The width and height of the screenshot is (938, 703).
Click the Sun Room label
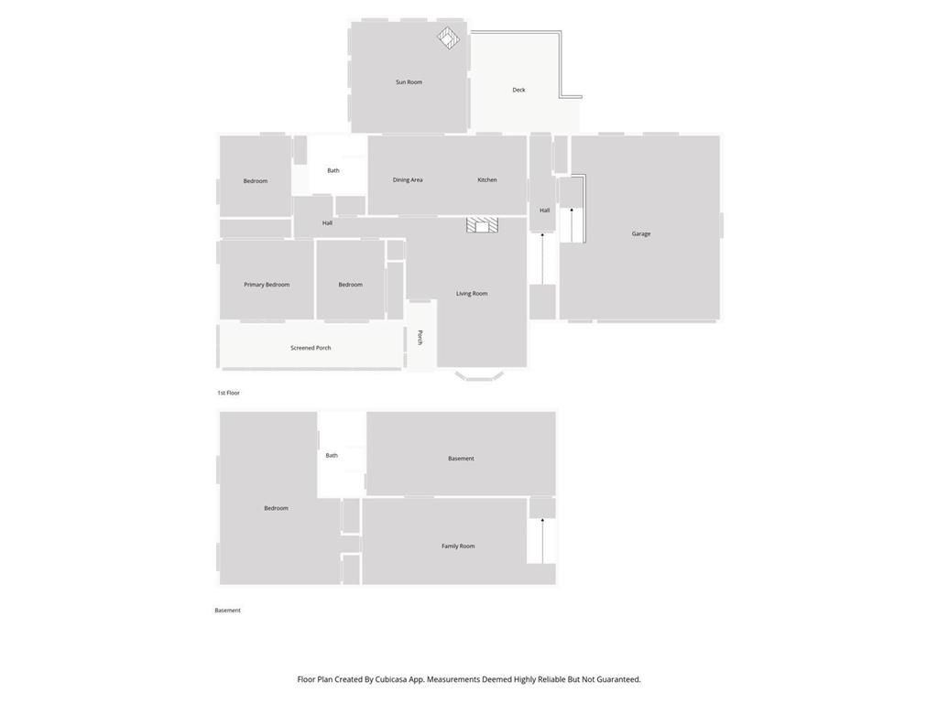point(409,81)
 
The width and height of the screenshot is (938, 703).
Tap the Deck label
point(518,90)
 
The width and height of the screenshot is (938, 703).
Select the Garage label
point(640,233)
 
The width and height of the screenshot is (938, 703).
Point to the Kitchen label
point(487,180)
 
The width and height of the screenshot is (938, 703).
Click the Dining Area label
point(408,180)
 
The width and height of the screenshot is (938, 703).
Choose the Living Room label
point(472,294)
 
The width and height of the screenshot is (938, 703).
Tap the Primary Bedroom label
point(267,285)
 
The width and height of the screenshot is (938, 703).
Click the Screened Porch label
point(311,347)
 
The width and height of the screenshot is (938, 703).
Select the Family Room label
point(458,546)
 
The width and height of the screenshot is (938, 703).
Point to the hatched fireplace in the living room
point(482,225)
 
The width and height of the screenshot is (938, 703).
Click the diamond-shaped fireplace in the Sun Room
point(448,38)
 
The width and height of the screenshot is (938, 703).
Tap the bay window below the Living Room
point(479,376)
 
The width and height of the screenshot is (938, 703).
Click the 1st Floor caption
point(228,393)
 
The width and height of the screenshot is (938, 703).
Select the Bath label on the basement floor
point(332,456)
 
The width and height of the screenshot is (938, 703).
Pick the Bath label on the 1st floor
point(333,170)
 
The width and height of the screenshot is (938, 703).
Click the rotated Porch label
point(420,337)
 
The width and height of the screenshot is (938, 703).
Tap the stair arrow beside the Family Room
point(542,540)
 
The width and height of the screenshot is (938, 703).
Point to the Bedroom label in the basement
point(276,508)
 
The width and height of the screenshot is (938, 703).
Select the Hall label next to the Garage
point(544,211)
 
